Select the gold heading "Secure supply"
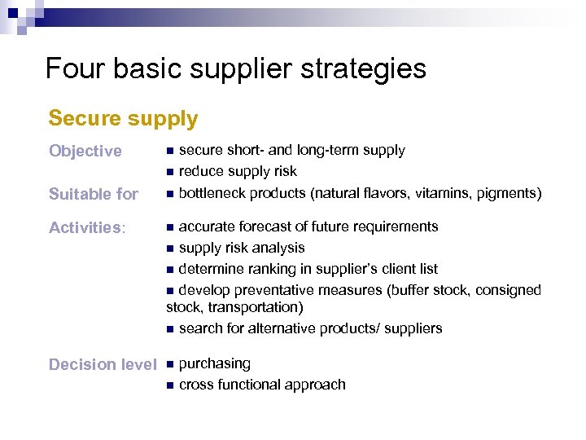123,119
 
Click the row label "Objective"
85,152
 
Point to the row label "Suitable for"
94,194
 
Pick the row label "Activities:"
87,228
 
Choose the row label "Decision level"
102,364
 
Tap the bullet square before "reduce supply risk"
169,173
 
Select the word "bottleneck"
212,193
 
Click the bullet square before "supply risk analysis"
169,249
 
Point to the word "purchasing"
214,363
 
